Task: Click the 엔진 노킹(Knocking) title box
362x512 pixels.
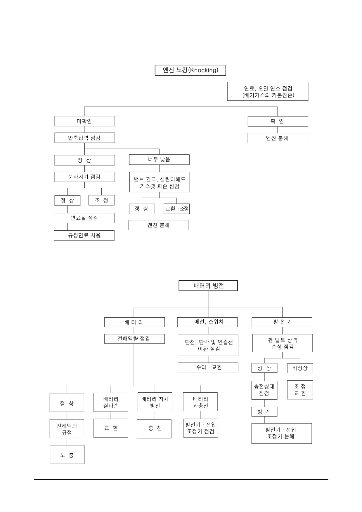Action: (x=190, y=70)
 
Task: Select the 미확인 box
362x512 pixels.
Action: (x=85, y=121)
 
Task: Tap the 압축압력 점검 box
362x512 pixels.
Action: (x=85, y=138)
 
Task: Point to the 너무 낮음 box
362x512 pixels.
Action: (x=159, y=160)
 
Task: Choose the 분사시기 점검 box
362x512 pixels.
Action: (x=85, y=177)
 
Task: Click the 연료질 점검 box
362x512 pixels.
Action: (x=84, y=218)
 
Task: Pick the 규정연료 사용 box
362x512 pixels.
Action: (x=84, y=235)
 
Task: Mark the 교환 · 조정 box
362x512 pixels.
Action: (x=177, y=209)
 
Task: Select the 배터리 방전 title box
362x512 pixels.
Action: (x=208, y=286)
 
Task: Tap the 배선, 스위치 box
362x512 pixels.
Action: (x=207, y=322)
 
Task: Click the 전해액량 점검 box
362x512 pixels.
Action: (x=135, y=339)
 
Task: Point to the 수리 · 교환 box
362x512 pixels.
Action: (x=208, y=367)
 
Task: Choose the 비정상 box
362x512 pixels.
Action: (x=300, y=368)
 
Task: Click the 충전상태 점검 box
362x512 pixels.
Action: (x=264, y=390)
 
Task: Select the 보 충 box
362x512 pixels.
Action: (x=67, y=454)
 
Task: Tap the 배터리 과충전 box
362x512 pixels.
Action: (x=200, y=402)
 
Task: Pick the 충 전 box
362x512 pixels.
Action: (x=154, y=429)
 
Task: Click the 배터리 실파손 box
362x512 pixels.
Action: (x=111, y=402)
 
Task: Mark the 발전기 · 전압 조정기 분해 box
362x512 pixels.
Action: (x=282, y=433)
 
